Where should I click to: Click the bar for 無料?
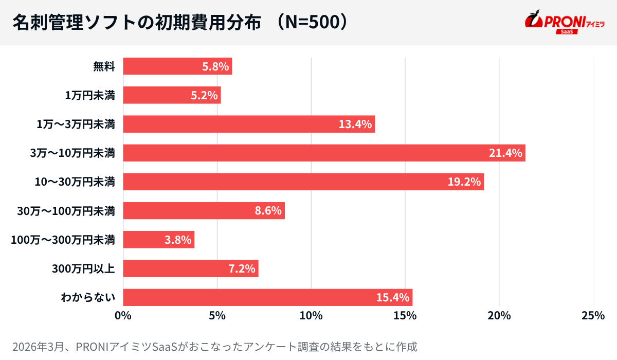[x=177, y=66]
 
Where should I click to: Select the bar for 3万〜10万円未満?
[x=324, y=153]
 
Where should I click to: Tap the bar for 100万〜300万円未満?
[x=158, y=240]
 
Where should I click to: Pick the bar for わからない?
[x=267, y=297]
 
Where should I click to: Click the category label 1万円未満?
[x=90, y=95]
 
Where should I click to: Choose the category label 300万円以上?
[x=83, y=268]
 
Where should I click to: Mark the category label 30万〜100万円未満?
[x=66, y=211]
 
